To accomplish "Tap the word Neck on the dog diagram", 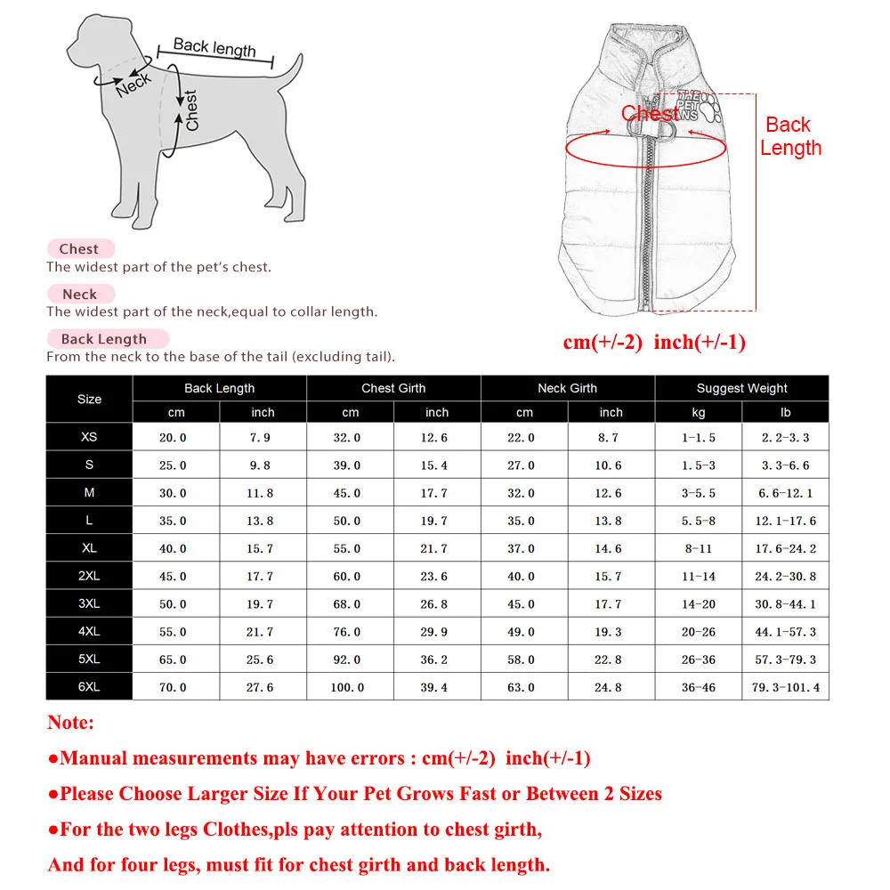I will coord(133,85).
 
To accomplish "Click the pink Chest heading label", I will coord(79,249).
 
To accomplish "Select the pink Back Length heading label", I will coord(104,339).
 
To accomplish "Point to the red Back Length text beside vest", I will coord(790,136).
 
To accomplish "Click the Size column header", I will coord(89,399).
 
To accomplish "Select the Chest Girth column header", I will coord(393,388).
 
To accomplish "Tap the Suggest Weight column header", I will coord(741,388).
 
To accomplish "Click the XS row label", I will coord(89,437).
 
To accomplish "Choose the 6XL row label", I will coord(89,686).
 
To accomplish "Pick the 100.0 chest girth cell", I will coord(347,687).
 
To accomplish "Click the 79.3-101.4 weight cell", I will coord(786,687).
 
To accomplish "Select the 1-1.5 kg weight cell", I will coord(699,438).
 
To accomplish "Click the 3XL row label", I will coord(89,603).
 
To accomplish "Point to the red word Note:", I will coord(70,723).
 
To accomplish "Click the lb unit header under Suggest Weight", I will coord(785,412).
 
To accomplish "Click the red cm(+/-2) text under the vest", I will coord(603,343).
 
